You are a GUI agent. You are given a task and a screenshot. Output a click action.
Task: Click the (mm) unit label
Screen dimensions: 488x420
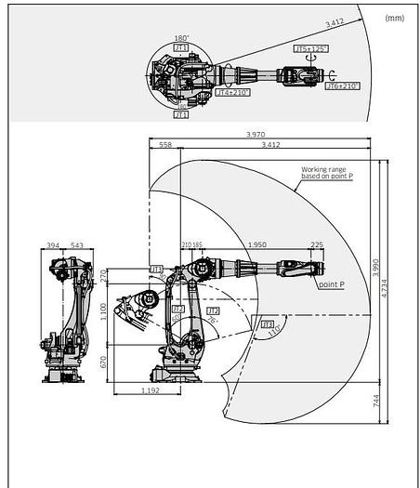[394, 17]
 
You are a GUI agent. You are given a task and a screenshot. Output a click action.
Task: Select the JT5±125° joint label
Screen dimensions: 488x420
[311, 47]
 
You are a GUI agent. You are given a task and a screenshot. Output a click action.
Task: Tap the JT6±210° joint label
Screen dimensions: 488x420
[343, 86]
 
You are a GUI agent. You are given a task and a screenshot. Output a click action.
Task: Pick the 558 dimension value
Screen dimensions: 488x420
[165, 146]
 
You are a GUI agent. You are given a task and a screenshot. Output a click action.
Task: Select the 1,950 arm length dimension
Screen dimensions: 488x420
[257, 245]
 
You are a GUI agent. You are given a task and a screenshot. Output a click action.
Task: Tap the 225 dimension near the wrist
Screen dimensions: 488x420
[317, 245]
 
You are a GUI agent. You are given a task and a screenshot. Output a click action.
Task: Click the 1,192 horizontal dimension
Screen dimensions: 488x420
[140, 391]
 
